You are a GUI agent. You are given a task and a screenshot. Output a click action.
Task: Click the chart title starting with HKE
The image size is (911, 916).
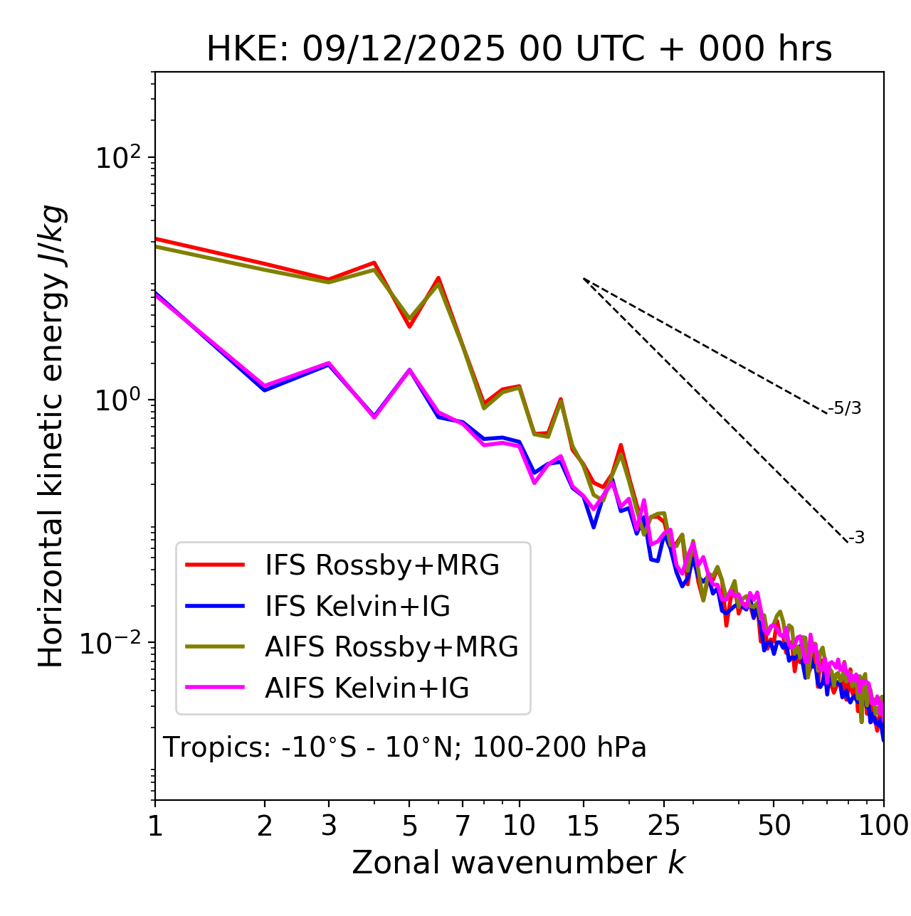point(519,50)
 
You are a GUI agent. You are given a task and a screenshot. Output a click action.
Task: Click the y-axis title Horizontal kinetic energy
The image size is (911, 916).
point(51,436)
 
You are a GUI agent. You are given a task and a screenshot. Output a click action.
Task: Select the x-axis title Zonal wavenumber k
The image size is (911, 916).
point(518,863)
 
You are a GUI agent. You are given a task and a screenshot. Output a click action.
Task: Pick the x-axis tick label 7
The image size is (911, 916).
point(463,826)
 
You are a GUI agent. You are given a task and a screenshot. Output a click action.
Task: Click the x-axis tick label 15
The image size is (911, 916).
point(583,826)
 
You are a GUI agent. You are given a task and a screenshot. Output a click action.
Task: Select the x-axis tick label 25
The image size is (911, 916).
point(663,826)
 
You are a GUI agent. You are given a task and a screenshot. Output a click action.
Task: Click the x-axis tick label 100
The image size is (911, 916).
point(883,826)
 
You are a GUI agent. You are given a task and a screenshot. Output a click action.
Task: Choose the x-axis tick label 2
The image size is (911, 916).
point(265,826)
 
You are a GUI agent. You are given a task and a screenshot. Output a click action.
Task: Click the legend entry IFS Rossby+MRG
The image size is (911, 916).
point(382,565)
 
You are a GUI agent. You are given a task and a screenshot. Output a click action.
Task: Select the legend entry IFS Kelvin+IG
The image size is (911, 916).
point(357,606)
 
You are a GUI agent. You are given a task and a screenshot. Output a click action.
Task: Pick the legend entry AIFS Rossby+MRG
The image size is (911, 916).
point(391,646)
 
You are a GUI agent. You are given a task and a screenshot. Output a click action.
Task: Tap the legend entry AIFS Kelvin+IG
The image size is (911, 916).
point(367,688)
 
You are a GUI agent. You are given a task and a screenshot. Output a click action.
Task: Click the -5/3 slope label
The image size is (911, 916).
point(845,408)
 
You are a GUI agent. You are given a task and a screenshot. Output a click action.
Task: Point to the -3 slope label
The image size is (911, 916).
point(856,538)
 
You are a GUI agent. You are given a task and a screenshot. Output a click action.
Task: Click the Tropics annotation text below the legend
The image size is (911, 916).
point(404,747)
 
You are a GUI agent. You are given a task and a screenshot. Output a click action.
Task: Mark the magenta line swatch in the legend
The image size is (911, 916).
point(215,688)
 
